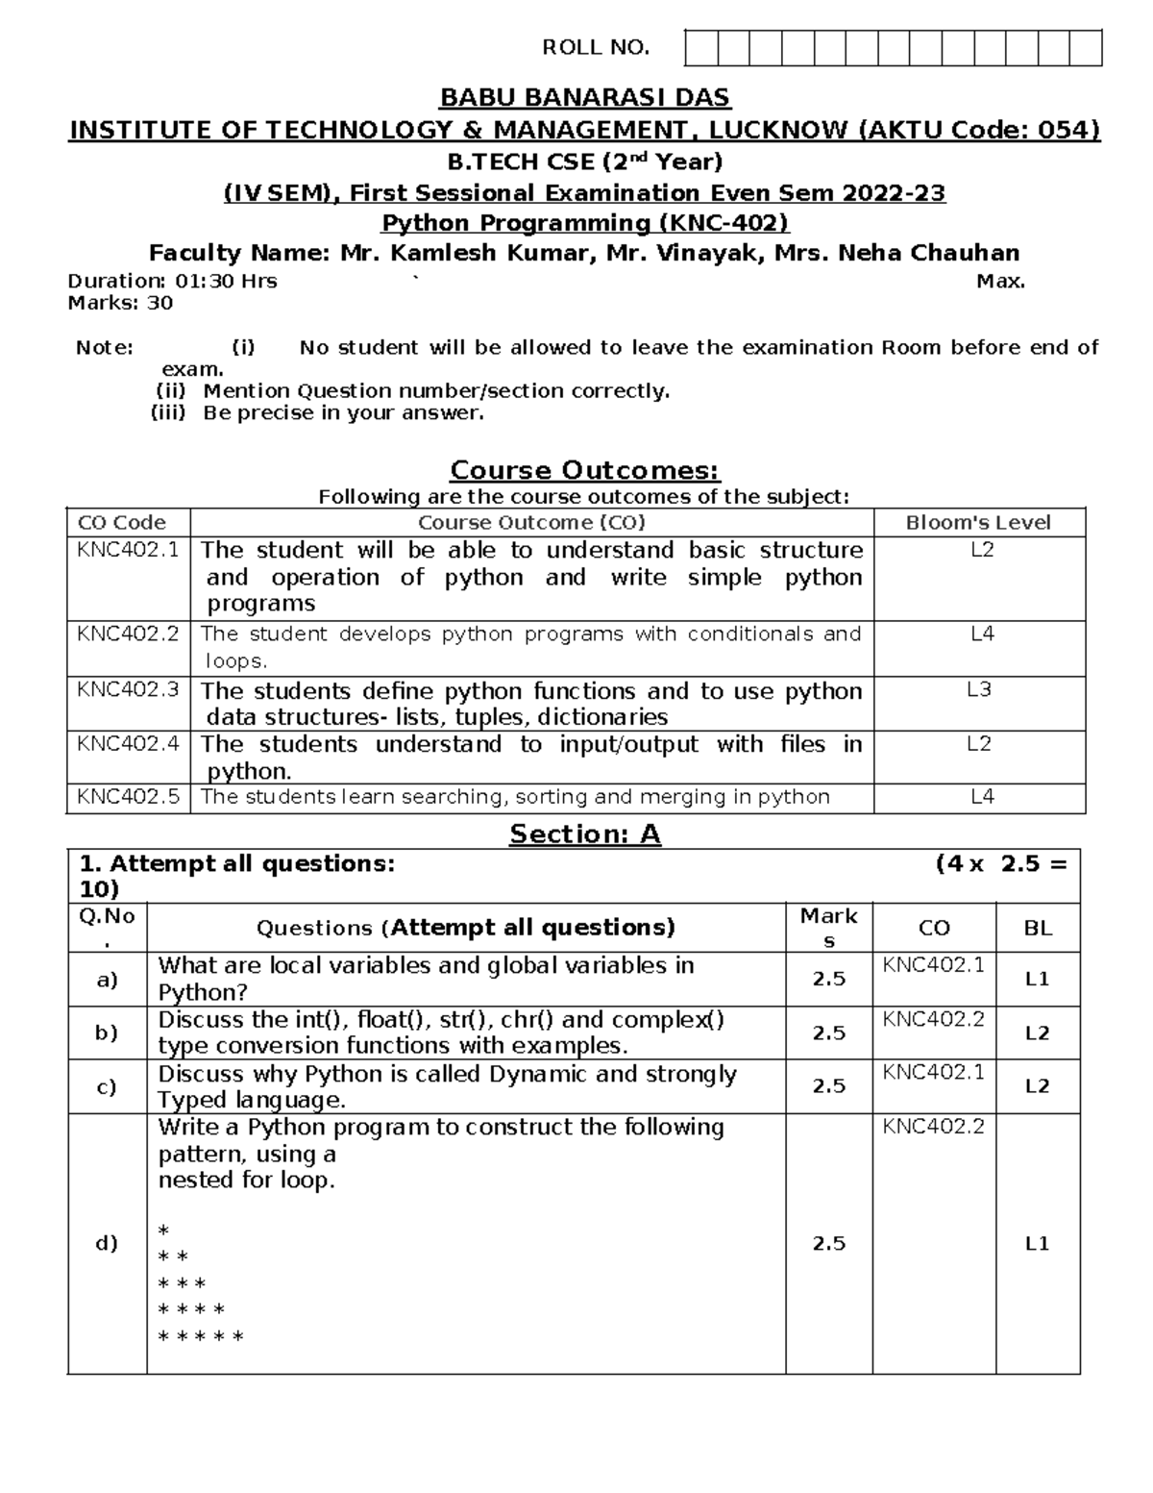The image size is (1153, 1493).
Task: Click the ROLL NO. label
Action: click(596, 48)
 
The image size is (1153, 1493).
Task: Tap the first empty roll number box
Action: click(701, 48)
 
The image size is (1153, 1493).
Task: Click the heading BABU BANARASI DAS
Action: click(584, 98)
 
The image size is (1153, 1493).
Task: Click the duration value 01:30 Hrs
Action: click(226, 282)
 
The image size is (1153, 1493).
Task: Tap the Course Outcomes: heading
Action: click(584, 471)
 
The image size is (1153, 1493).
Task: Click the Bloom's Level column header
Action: click(978, 523)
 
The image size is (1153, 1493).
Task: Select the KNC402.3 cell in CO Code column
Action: click(128, 689)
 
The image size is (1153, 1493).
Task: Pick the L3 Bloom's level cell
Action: click(978, 690)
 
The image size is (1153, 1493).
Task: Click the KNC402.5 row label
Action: click(128, 797)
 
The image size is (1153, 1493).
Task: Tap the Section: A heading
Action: click(584, 834)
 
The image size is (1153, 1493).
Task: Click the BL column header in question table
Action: click(1038, 929)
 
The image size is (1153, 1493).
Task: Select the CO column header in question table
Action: click(934, 929)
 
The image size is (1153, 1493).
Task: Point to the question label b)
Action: click(107, 1033)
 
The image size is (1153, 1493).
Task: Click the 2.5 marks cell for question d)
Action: click(828, 1243)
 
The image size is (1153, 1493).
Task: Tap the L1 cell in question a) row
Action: click(1038, 980)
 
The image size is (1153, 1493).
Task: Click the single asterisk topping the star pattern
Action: click(163, 1232)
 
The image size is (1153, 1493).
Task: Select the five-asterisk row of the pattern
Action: click(201, 1336)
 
